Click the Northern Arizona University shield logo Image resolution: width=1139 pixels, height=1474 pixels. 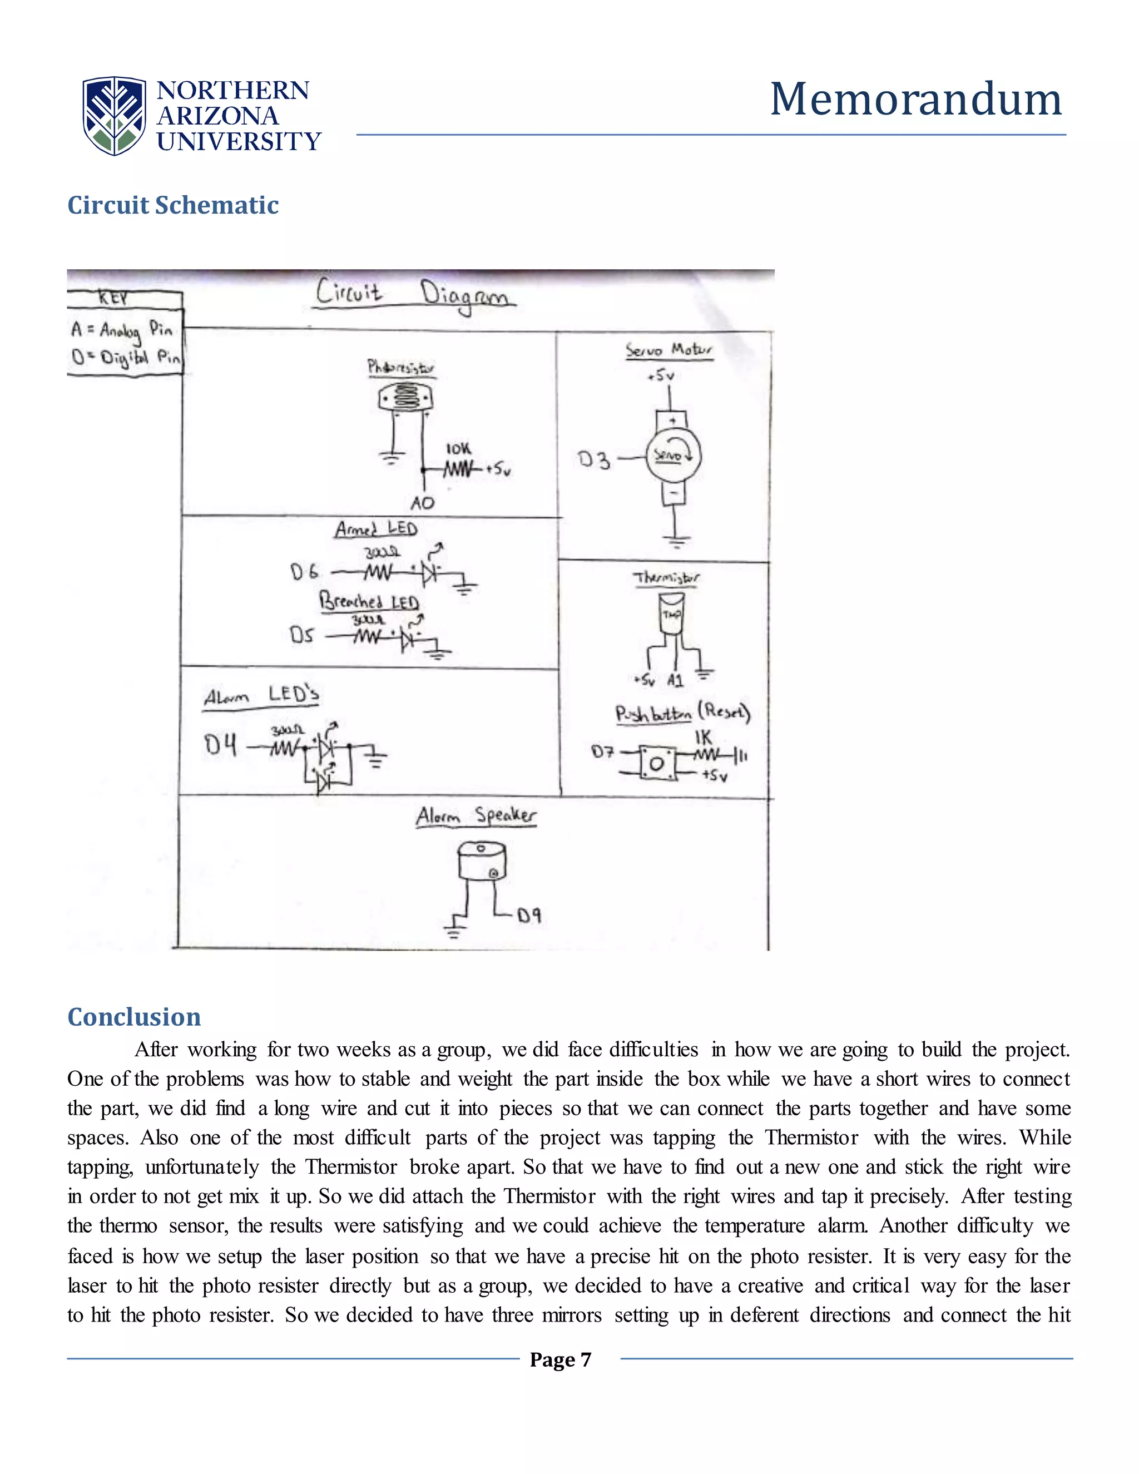click(x=114, y=115)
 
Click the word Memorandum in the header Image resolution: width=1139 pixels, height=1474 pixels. click(x=915, y=99)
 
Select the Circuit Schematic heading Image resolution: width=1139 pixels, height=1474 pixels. click(x=173, y=205)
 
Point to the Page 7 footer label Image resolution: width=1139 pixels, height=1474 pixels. click(x=560, y=1359)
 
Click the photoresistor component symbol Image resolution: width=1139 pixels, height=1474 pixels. click(x=404, y=399)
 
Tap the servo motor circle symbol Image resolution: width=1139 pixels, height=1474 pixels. click(x=674, y=456)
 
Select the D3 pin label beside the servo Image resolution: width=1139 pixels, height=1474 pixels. click(x=594, y=461)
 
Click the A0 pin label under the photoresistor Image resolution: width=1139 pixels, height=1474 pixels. click(x=423, y=503)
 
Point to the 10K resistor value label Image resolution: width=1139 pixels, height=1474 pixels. click(x=458, y=449)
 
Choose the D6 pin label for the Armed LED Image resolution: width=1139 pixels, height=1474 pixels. click(x=304, y=572)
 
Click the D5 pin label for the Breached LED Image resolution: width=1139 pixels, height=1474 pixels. click(x=301, y=635)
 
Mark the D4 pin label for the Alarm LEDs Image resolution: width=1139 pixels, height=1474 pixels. click(x=221, y=745)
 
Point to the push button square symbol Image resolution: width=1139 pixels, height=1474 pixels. click(x=657, y=763)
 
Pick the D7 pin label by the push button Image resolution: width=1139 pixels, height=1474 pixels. click(x=602, y=751)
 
